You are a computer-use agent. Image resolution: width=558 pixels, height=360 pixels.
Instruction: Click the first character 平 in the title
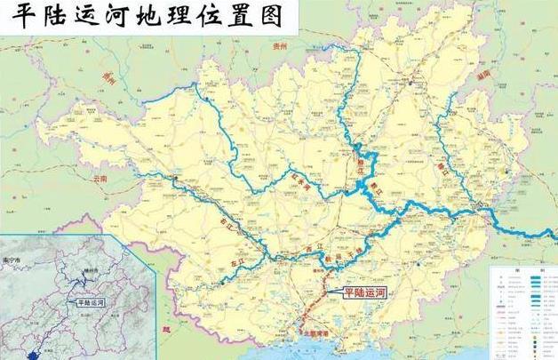tap(19, 20)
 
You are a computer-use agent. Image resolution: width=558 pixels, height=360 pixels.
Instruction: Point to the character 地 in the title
tap(154, 20)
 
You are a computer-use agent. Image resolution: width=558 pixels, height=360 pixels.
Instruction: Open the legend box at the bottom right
tap(523, 311)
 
